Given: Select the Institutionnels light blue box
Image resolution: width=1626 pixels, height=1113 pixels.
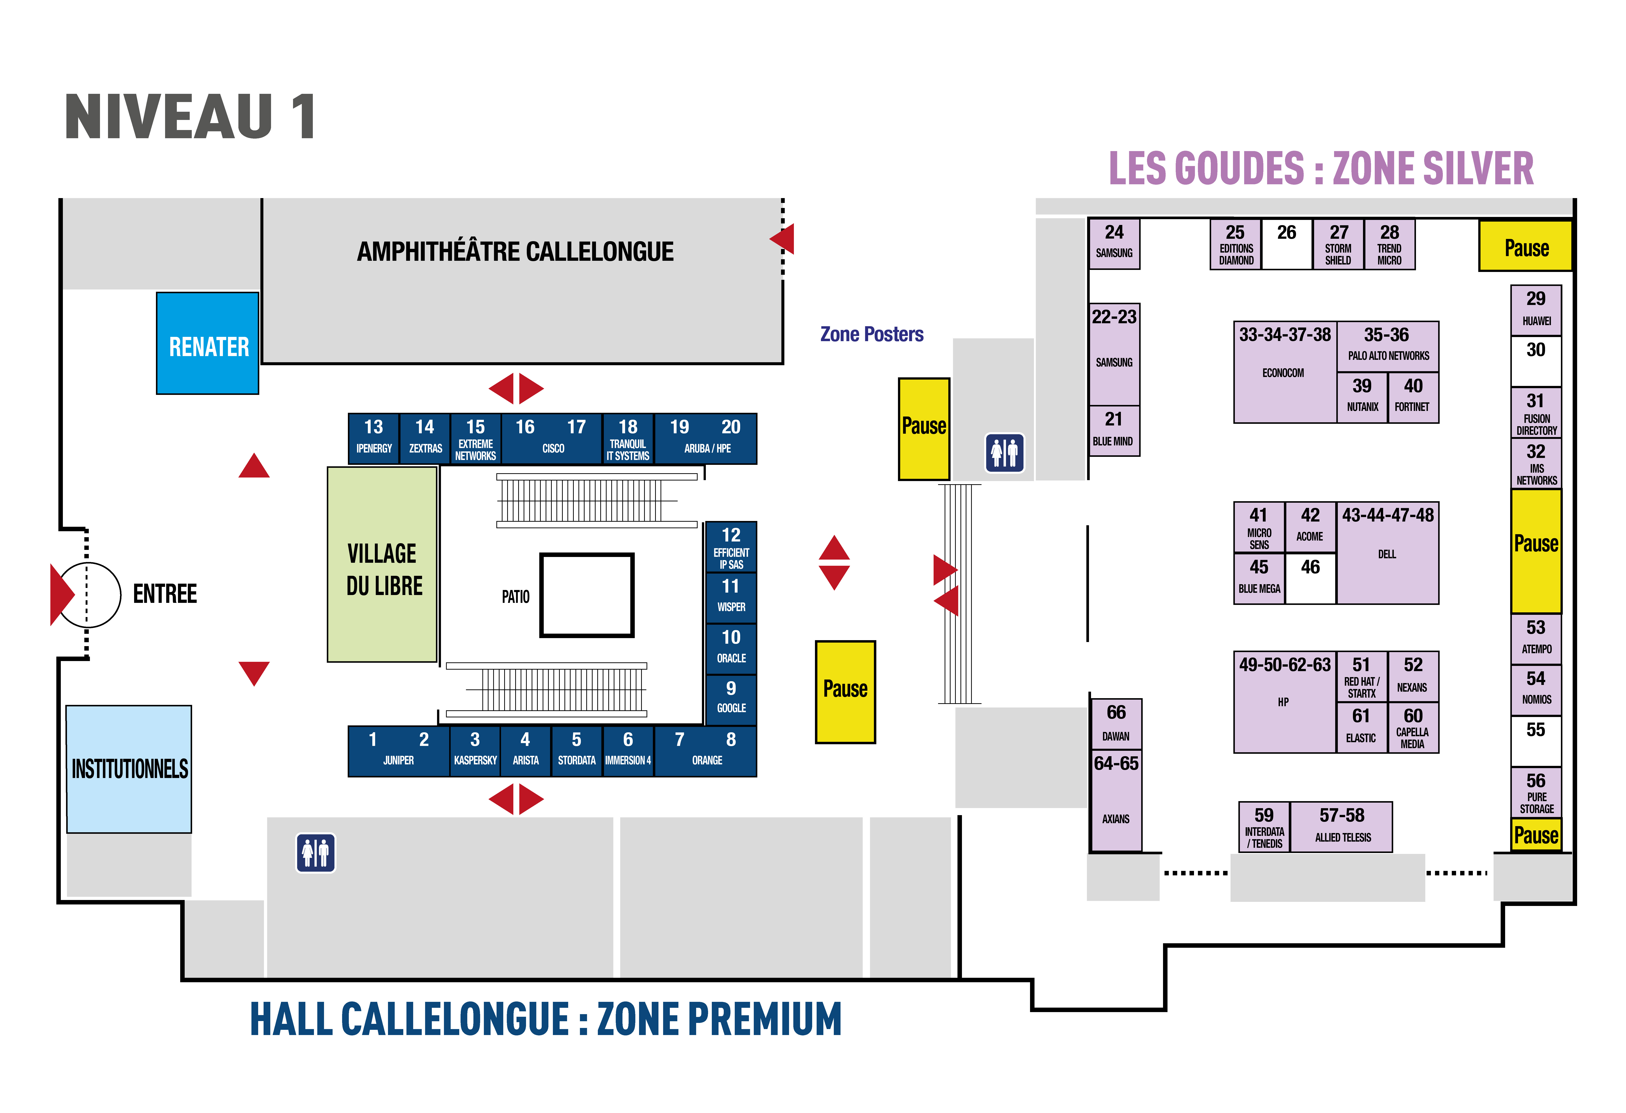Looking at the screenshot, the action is coord(129,769).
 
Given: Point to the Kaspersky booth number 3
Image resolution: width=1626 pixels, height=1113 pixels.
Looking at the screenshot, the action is coord(475,751).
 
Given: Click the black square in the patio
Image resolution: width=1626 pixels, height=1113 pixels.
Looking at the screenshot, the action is coord(587,595).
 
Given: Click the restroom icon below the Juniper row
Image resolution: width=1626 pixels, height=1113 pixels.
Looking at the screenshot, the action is coord(316,853).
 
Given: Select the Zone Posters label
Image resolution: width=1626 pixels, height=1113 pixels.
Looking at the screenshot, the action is coord(872,334).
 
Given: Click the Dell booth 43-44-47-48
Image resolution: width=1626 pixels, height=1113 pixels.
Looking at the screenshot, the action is coord(1387,553).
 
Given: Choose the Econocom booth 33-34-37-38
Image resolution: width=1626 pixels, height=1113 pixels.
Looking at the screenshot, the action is coord(1285,372).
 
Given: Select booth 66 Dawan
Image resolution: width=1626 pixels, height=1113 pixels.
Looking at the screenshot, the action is coord(1116,724).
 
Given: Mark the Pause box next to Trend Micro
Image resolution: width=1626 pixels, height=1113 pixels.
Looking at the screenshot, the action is coord(1526,245).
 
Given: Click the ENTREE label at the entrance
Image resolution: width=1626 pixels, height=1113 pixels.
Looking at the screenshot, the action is coord(165,594).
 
